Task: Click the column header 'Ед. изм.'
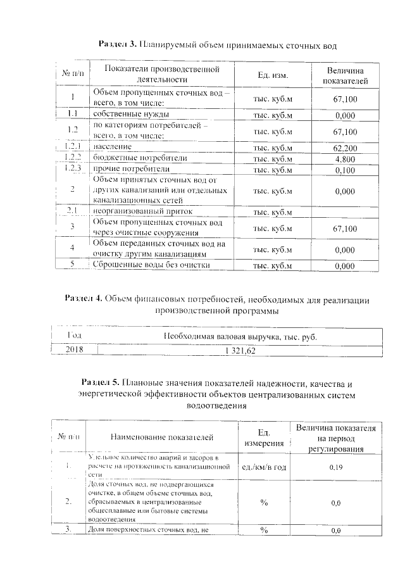pyautogui.click(x=273, y=75)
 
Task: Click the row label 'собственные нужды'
pyautogui.click(x=130, y=115)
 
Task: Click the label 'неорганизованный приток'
pyautogui.click(x=142, y=211)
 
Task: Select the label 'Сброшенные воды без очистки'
pyautogui.click(x=151, y=265)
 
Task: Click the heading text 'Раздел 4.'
pyautogui.click(x=84, y=298)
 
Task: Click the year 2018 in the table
pyautogui.click(x=75, y=348)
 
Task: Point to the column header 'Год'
pyautogui.click(x=75, y=336)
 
